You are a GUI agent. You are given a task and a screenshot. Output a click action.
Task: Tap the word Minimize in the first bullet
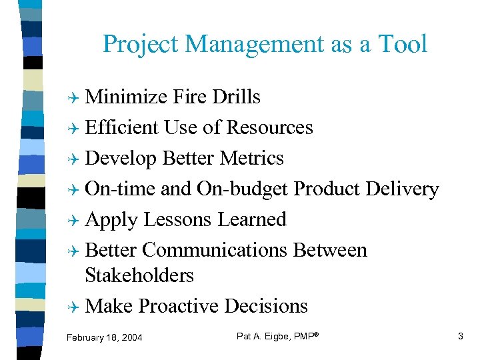point(127,97)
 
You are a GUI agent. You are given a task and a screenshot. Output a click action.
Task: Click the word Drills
point(236,97)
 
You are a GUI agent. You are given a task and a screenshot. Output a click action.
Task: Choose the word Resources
point(270,127)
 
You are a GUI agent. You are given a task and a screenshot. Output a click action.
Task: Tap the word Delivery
point(402,189)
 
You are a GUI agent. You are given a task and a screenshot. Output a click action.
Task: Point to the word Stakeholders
point(139,275)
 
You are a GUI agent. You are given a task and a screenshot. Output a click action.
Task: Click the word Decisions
point(266,306)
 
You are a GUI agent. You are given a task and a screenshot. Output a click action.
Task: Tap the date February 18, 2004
point(104,338)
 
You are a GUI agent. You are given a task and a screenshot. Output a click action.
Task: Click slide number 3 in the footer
point(460,337)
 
